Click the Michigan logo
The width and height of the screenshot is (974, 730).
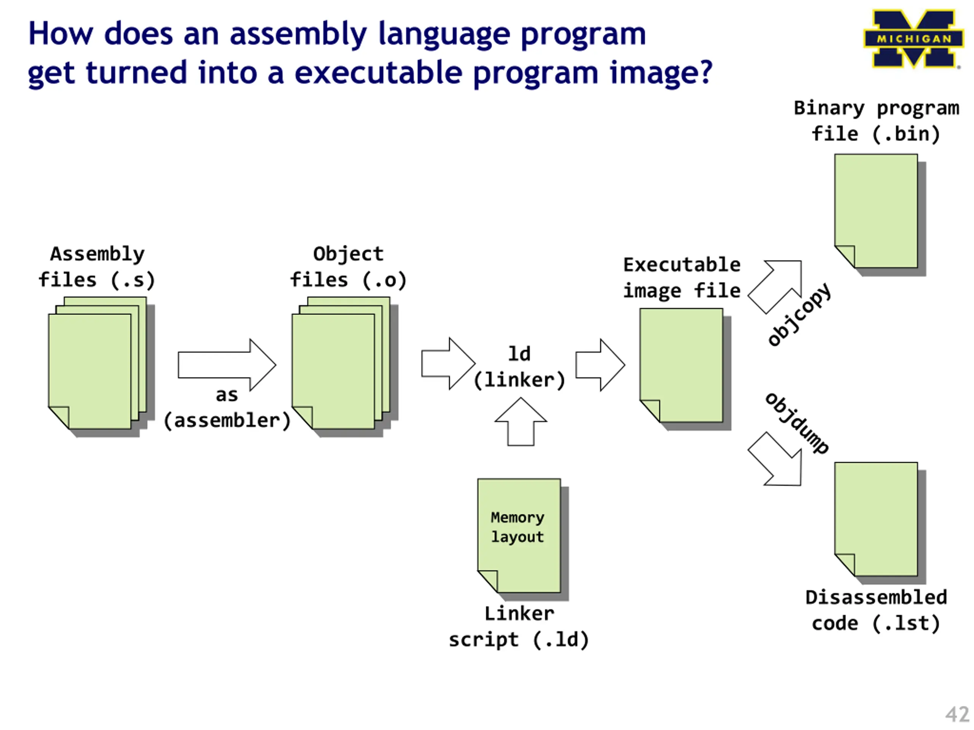[913, 39]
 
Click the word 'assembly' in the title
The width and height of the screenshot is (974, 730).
[298, 34]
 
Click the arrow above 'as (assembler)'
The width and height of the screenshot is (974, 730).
[227, 365]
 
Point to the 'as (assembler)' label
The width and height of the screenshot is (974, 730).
[227, 408]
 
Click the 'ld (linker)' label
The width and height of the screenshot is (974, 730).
[520, 367]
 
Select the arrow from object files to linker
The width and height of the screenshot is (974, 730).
[448, 363]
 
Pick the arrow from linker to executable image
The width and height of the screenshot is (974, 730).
[600, 365]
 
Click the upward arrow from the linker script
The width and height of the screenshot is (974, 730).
[521, 422]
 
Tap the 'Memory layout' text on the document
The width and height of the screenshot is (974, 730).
[517, 527]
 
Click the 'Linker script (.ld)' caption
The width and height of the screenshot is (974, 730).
[519, 627]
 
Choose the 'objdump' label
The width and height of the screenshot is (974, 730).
[797, 423]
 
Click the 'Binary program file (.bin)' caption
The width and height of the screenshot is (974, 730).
[876, 121]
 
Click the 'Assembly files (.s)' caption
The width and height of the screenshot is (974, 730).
[97, 267]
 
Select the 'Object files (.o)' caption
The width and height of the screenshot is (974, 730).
[348, 267]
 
